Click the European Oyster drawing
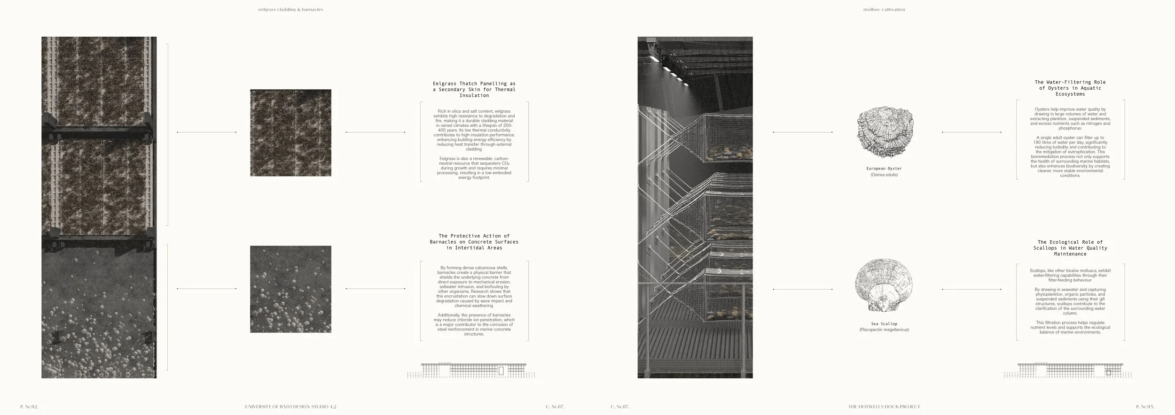(885, 132)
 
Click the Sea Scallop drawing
(884, 288)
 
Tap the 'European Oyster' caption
(884, 169)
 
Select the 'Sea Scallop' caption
(884, 324)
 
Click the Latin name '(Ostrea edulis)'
(884, 175)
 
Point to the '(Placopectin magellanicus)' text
(884, 330)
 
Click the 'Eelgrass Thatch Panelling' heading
(474, 90)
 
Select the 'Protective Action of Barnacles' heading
(474, 242)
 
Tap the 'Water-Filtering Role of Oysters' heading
(1070, 88)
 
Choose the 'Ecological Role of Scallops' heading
(1070, 248)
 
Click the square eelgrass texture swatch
(290, 133)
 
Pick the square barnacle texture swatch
(290, 289)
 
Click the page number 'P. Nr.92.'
(29, 407)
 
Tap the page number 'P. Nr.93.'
(1144, 407)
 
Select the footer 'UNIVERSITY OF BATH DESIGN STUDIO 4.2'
(290, 407)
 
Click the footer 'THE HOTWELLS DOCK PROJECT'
(884, 407)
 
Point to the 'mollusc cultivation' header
(884, 9)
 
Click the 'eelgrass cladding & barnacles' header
(290, 9)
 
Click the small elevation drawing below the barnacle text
(471, 370)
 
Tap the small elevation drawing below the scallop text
(1067, 370)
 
